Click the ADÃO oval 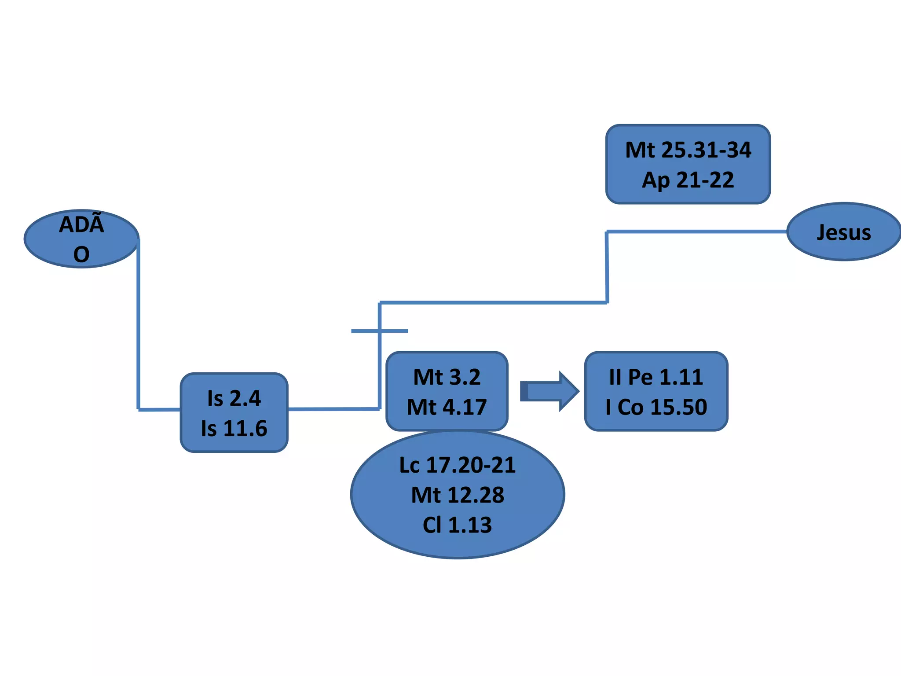tap(81, 239)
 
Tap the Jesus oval tap(843, 232)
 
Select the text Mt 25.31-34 tap(688, 150)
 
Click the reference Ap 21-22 tap(688, 180)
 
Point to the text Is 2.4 tap(234, 398)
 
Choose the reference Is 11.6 tap(234, 428)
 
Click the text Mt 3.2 tap(447, 377)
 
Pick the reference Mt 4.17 tap(447, 407)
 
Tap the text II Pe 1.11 tap(656, 377)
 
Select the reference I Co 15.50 tap(656, 407)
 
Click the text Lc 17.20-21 tap(458, 465)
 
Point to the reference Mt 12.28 tap(458, 495)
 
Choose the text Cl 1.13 tap(458, 525)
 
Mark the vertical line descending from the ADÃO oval tap(138, 326)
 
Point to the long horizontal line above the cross tap(493, 303)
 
